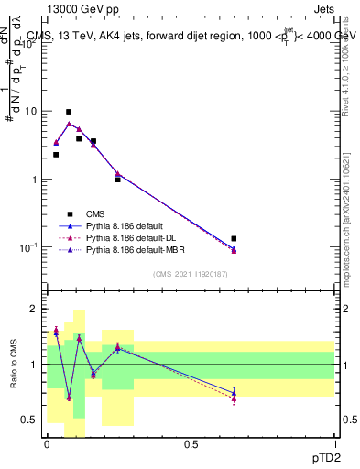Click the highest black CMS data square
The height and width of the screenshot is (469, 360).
(69, 112)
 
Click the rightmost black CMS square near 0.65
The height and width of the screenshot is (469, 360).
(235, 239)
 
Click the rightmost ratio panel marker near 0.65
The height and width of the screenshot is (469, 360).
(235, 394)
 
